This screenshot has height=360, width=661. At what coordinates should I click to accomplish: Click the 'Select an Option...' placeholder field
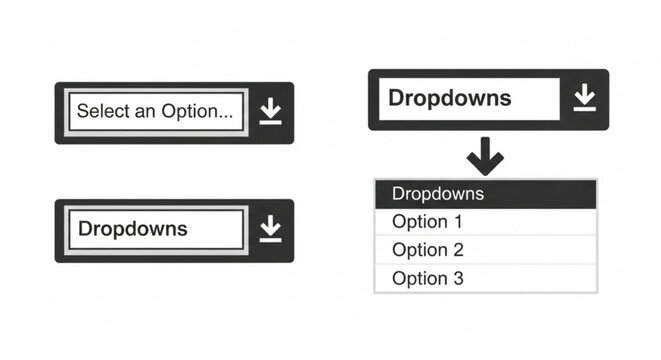(x=156, y=112)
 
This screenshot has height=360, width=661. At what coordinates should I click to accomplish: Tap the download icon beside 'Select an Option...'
(x=270, y=112)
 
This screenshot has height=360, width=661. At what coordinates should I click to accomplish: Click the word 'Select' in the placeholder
(x=103, y=112)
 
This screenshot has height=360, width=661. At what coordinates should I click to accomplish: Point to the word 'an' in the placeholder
(x=146, y=112)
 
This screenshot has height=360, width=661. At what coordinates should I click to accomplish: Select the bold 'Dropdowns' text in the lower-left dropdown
(x=133, y=229)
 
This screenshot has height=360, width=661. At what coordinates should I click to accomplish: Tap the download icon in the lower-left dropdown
(x=270, y=229)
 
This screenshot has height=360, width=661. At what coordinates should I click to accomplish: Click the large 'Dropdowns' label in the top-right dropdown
(x=450, y=98)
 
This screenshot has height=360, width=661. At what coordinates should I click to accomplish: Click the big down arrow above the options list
(x=486, y=156)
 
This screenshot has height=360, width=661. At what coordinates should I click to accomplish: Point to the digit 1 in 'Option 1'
(x=458, y=222)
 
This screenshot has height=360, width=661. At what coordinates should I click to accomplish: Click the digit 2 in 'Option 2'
(x=458, y=250)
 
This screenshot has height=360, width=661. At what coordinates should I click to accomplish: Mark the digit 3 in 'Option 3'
(x=458, y=279)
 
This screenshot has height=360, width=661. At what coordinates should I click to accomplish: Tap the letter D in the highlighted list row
(x=398, y=194)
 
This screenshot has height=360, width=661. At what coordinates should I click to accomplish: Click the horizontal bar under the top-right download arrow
(x=585, y=108)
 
